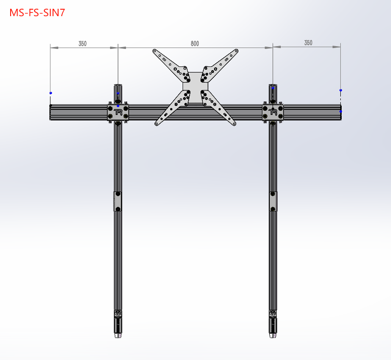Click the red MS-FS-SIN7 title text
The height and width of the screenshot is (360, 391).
[x=37, y=13]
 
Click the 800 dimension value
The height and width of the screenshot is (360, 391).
[x=195, y=44]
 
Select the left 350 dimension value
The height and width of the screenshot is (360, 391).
[x=83, y=44]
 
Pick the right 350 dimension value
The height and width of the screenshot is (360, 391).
[x=308, y=43]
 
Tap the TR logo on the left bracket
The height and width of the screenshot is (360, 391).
[x=118, y=112]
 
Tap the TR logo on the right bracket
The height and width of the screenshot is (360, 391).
[x=273, y=112]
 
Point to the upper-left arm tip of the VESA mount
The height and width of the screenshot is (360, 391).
[x=154, y=51]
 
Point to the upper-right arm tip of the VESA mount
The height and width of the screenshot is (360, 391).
[x=237, y=51]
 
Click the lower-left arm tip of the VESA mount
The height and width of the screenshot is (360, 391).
[x=156, y=124]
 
